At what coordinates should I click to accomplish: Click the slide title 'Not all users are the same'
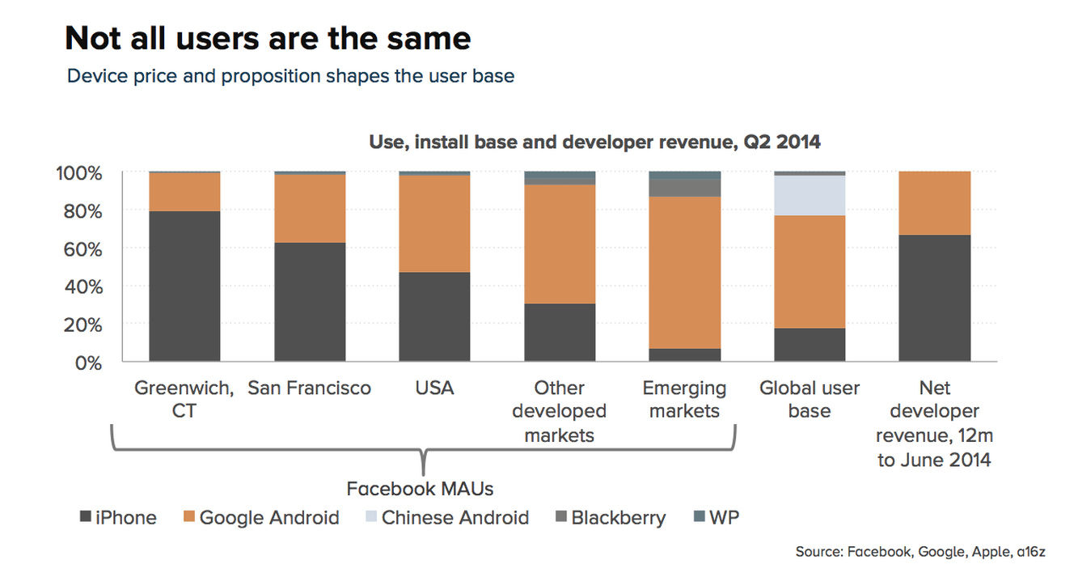(268, 38)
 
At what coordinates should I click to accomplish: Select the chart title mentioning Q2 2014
(594, 142)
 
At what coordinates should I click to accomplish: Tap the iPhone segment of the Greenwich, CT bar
(184, 286)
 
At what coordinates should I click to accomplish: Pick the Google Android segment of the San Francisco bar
(310, 208)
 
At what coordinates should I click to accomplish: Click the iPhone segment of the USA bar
(434, 316)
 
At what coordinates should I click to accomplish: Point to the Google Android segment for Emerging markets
(684, 273)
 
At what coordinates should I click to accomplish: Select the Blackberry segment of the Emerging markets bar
(684, 188)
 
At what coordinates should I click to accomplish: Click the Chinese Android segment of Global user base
(810, 195)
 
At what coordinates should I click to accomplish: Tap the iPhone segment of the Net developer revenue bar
(934, 298)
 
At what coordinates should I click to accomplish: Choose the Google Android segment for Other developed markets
(560, 244)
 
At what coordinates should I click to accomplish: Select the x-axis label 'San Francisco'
(310, 388)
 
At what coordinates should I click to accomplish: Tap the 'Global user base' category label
(810, 400)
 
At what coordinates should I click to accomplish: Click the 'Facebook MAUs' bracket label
(420, 489)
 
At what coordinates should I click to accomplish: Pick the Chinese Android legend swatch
(370, 517)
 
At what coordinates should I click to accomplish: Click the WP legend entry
(717, 517)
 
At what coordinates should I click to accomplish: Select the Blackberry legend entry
(611, 517)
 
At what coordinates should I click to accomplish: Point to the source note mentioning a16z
(920, 552)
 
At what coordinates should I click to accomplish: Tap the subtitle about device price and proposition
(291, 76)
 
